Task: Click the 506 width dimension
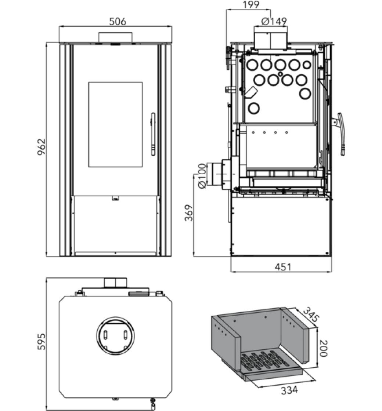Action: click(118, 22)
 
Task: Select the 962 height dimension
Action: click(42, 146)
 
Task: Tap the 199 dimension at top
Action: click(251, 5)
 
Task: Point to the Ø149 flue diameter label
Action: click(274, 22)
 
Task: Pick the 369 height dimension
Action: click(189, 213)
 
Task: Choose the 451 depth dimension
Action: click(283, 267)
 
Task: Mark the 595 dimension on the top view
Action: click(42, 341)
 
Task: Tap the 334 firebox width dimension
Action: click(289, 390)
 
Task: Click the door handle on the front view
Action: click(153, 134)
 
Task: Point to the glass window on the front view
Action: click(115, 124)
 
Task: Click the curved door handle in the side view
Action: click(341, 134)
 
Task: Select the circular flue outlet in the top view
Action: click(115, 336)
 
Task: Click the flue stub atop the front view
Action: click(115, 37)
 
